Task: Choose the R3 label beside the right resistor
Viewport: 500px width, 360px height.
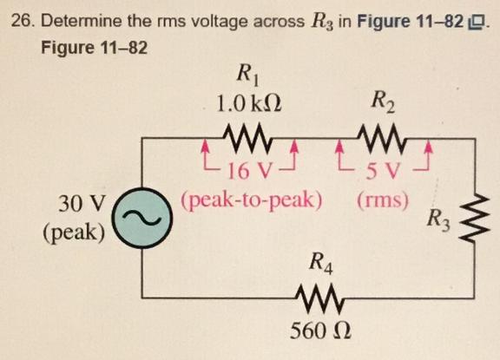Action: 440,220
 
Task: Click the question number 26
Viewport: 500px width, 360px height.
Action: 22,17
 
